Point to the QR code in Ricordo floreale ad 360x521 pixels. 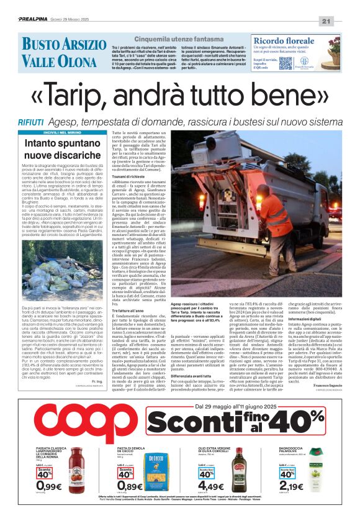(285, 63)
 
